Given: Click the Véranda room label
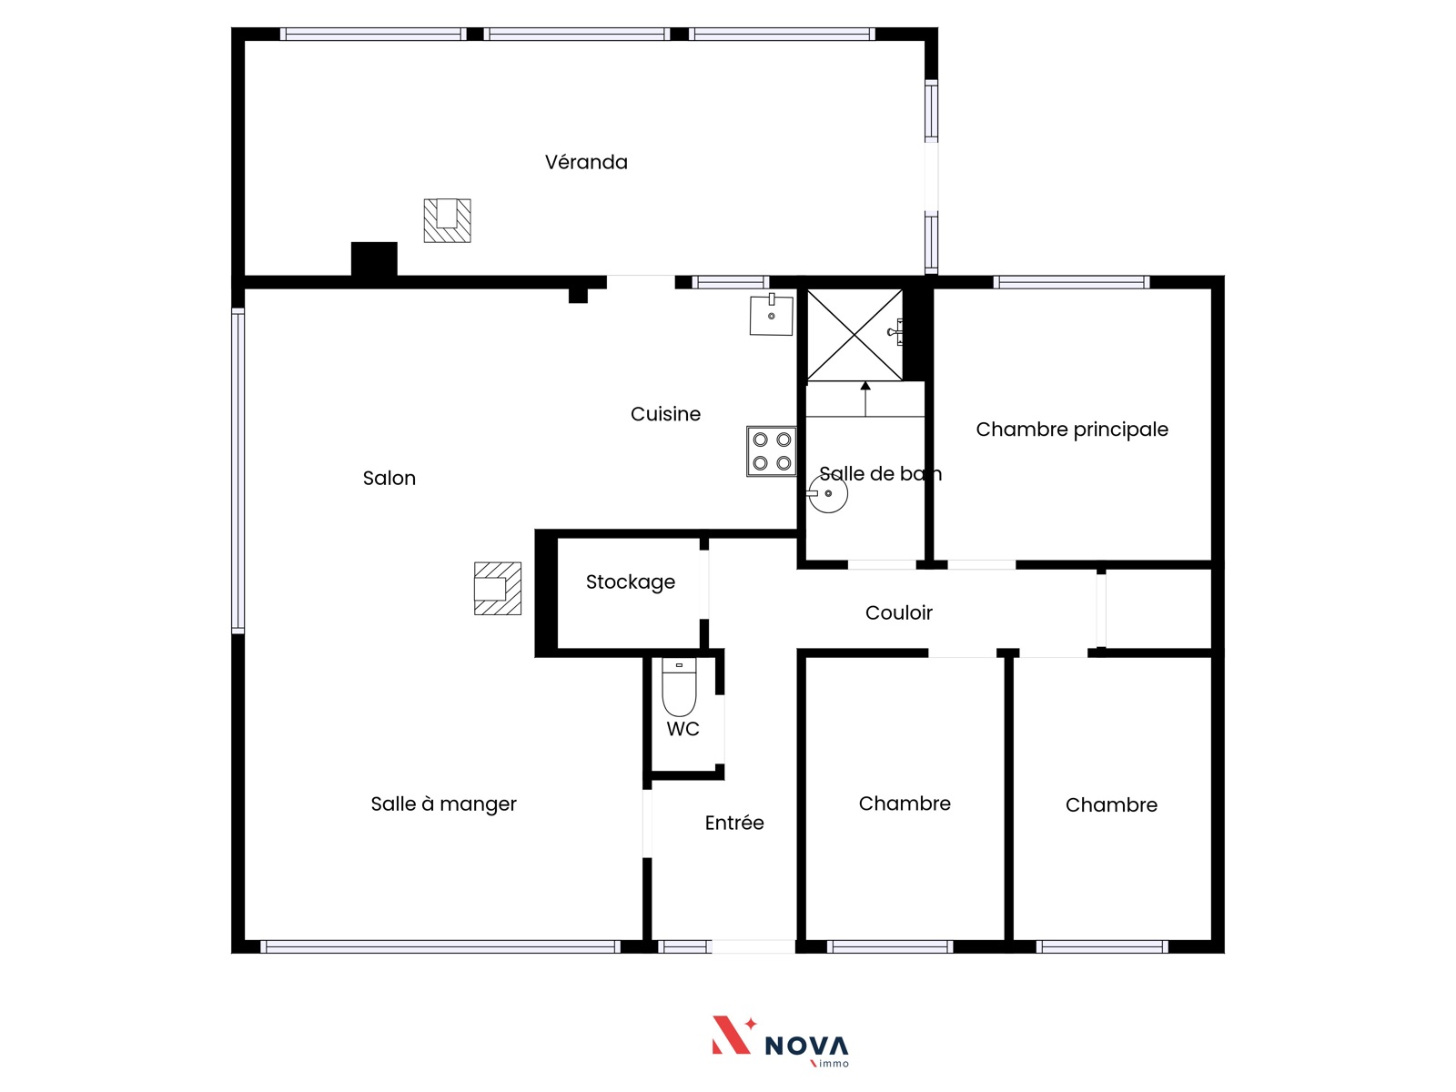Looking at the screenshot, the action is point(586,163).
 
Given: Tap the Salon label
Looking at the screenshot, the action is point(389,478).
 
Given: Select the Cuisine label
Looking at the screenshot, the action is point(665,414).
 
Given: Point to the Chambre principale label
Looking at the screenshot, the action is point(1072,430).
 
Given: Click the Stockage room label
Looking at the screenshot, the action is point(630,582).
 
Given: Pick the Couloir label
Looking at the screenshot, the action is point(899,612).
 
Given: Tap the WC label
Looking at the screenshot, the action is point(682,729).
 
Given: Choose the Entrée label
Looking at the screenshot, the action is point(734,823).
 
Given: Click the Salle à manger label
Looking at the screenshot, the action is point(443,804).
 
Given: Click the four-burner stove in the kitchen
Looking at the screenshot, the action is point(771,451).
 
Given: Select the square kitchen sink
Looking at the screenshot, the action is point(772,315).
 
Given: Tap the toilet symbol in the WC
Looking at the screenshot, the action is point(679,687).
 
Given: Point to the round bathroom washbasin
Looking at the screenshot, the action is point(828,493).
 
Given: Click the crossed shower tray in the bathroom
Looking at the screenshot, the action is point(854,335).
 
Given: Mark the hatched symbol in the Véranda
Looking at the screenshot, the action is point(447,221).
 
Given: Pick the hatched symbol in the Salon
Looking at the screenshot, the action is point(498,589).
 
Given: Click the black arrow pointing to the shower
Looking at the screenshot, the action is point(865,399).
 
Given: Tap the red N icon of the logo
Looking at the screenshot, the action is point(732,1035).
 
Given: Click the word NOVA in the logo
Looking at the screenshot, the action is point(806,1046).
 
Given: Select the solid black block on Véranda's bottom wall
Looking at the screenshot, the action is point(374,259).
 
